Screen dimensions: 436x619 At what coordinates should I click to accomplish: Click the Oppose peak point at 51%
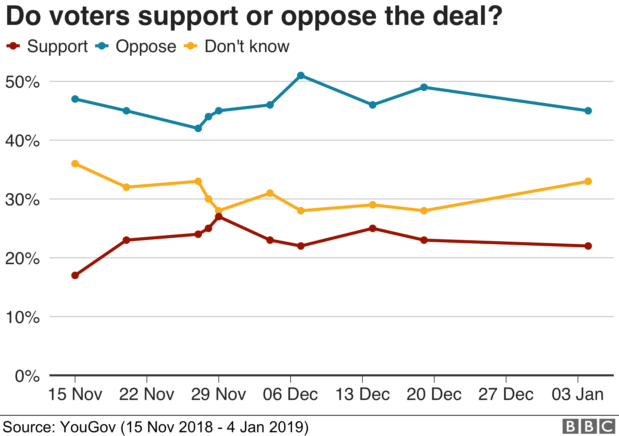[301, 75]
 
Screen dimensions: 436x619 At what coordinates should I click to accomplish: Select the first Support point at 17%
[75, 275]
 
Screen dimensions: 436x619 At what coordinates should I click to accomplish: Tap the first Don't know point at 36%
[75, 164]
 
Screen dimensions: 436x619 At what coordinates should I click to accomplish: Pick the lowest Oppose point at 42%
[198, 129]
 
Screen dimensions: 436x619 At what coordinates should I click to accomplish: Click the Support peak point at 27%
[219, 216]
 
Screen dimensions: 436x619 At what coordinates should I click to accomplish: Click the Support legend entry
[47, 46]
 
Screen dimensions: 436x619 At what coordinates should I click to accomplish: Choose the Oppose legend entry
[136, 46]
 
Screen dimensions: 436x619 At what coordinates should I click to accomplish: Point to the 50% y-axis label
[22, 82]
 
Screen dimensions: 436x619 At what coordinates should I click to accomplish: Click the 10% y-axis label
[22, 317]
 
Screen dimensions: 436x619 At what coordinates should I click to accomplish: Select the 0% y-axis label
[27, 376]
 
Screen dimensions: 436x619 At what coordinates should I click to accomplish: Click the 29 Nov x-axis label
[218, 394]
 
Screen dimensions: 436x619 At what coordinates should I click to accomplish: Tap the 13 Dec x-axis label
[362, 394]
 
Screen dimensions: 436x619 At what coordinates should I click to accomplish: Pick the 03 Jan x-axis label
[577, 394]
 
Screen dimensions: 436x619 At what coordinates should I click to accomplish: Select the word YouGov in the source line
[88, 427]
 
